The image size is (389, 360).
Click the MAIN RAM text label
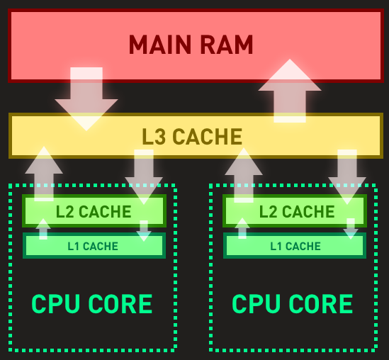tap(191, 45)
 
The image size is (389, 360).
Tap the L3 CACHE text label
tap(192, 136)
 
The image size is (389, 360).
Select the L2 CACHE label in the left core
tap(94, 212)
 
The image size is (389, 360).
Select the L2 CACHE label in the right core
tap(297, 212)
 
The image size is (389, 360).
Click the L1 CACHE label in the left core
tap(93, 247)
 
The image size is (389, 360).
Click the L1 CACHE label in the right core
tap(295, 247)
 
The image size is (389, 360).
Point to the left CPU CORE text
tap(92, 304)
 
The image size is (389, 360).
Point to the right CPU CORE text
tap(292, 304)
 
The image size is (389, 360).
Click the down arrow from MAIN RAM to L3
tap(86, 99)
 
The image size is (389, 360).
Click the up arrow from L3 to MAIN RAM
tap(290, 91)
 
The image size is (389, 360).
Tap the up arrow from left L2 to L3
tap(44, 174)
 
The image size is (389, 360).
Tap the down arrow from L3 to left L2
tap(144, 177)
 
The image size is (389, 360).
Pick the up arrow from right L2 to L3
tap(244, 175)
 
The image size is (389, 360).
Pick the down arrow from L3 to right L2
tap(347, 177)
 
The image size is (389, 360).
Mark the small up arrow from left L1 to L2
tap(43, 229)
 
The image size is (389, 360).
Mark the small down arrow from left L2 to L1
tap(144, 231)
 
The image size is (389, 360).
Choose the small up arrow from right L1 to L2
tap(242, 228)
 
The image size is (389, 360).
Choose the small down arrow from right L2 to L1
tap(351, 229)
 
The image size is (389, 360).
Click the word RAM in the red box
tap(227, 45)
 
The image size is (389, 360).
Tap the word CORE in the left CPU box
tap(120, 304)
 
